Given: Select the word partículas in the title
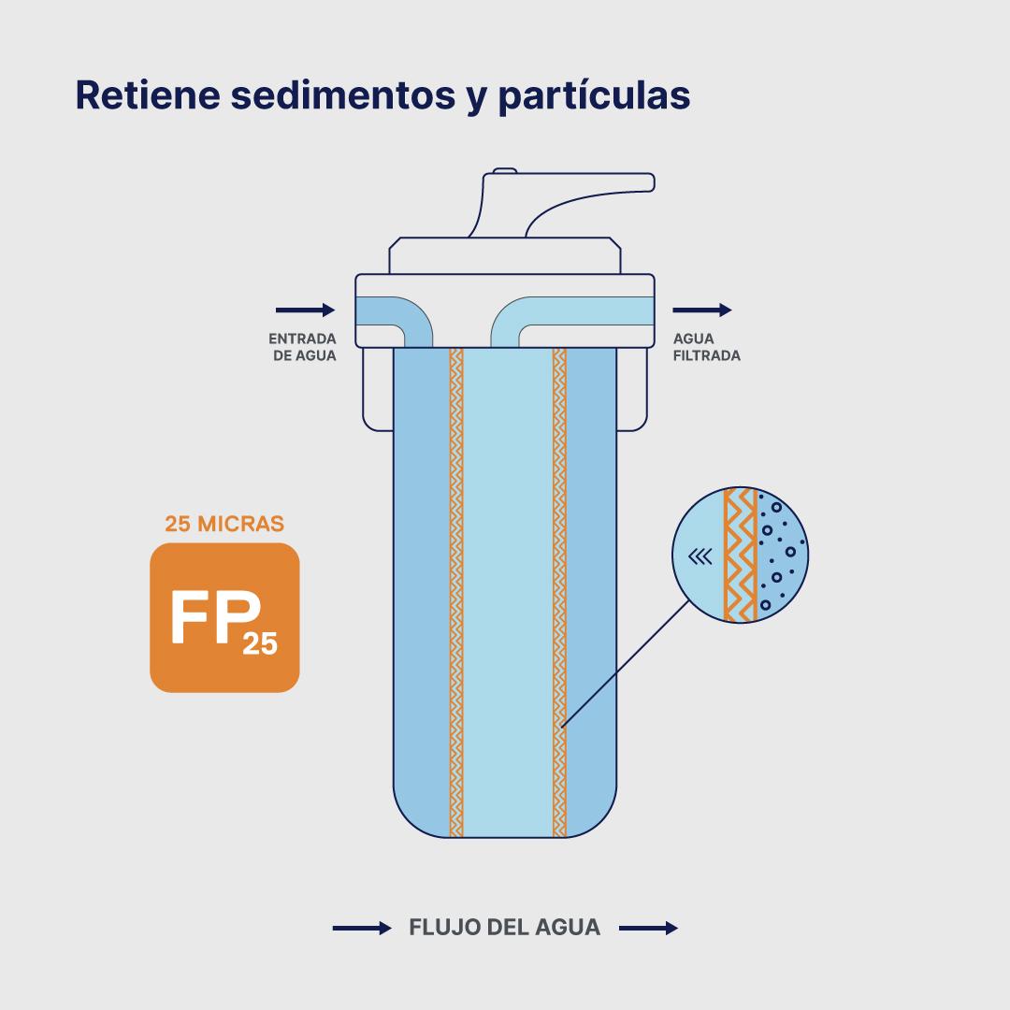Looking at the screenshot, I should pyautogui.click(x=594, y=96).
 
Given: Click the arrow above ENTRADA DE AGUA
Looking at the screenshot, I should pyautogui.click(x=305, y=310).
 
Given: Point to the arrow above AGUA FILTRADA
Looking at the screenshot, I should pyautogui.click(x=702, y=310).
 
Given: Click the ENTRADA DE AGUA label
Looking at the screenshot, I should pyautogui.click(x=303, y=347).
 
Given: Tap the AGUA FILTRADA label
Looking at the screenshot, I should pyautogui.click(x=706, y=347).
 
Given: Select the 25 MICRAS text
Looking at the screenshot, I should pyautogui.click(x=224, y=524).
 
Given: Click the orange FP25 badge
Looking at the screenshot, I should pyautogui.click(x=224, y=617).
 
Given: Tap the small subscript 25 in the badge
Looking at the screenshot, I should pyautogui.click(x=260, y=644).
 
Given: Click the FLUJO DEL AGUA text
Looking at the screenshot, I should pyautogui.click(x=505, y=928).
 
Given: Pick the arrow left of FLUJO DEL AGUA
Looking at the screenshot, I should pyautogui.click(x=362, y=929).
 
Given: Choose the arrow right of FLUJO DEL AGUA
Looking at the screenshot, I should pyautogui.click(x=648, y=929).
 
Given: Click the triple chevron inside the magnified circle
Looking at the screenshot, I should pyautogui.click(x=699, y=557).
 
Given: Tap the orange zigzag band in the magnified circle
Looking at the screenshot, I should pyautogui.click(x=741, y=555).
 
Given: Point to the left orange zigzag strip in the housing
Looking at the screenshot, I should pyautogui.click(x=456, y=589).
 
